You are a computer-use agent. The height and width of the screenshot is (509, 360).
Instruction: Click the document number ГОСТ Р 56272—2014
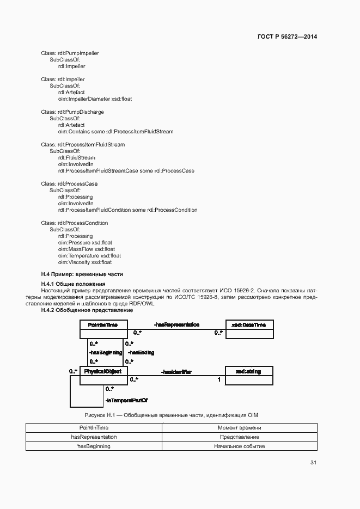287,36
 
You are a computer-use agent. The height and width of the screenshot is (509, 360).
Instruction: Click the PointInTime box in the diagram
103,329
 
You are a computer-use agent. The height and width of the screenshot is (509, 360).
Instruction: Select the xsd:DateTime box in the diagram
249,329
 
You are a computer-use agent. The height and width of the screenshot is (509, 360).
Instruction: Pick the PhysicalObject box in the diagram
103,375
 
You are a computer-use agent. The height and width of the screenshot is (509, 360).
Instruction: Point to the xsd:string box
249,375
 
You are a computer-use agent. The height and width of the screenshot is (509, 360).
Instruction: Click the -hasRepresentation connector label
176,325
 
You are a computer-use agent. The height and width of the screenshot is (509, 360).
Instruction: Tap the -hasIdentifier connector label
176,371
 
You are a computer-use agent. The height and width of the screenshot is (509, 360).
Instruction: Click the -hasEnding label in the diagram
141,353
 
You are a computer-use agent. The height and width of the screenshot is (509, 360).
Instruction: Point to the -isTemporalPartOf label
126,400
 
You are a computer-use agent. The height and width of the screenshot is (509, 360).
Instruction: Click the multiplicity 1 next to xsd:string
219,379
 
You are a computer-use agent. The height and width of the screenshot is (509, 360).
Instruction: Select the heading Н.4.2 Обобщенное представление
87,310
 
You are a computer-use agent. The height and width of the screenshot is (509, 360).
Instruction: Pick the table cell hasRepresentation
94,437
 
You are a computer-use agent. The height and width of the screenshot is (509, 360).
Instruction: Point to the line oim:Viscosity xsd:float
85,262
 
